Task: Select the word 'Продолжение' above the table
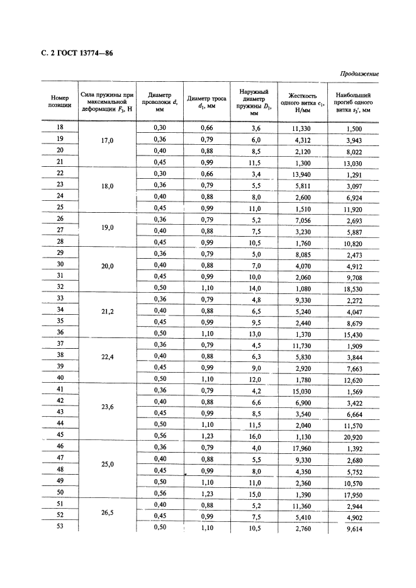359,74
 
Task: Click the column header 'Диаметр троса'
207,101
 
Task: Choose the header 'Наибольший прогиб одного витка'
353,101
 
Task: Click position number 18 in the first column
60,128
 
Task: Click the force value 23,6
107,406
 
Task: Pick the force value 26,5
107,512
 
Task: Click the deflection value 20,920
353,436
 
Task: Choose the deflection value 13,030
353,162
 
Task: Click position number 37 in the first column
60,344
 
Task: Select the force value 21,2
107,311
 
